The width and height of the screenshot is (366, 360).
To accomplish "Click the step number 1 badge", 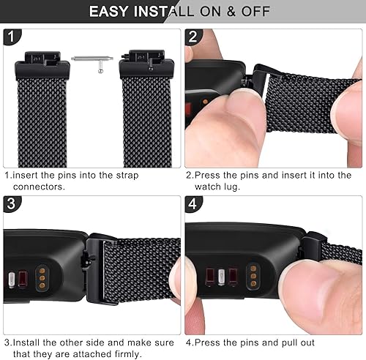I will (x=12, y=37).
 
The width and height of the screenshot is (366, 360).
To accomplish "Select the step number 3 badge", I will (x=12, y=205).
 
